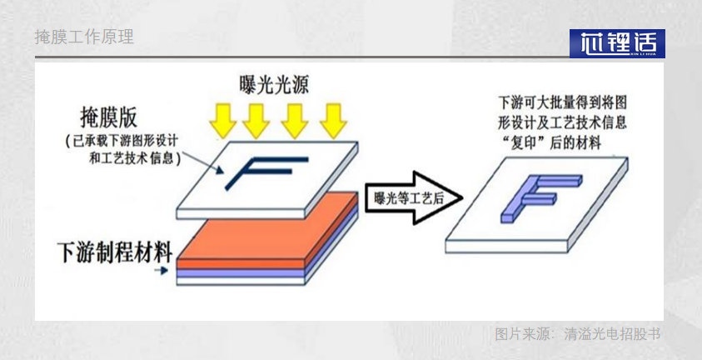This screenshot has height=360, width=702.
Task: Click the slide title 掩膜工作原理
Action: [x=84, y=37]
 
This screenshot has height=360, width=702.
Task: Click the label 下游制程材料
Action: [x=114, y=248]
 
